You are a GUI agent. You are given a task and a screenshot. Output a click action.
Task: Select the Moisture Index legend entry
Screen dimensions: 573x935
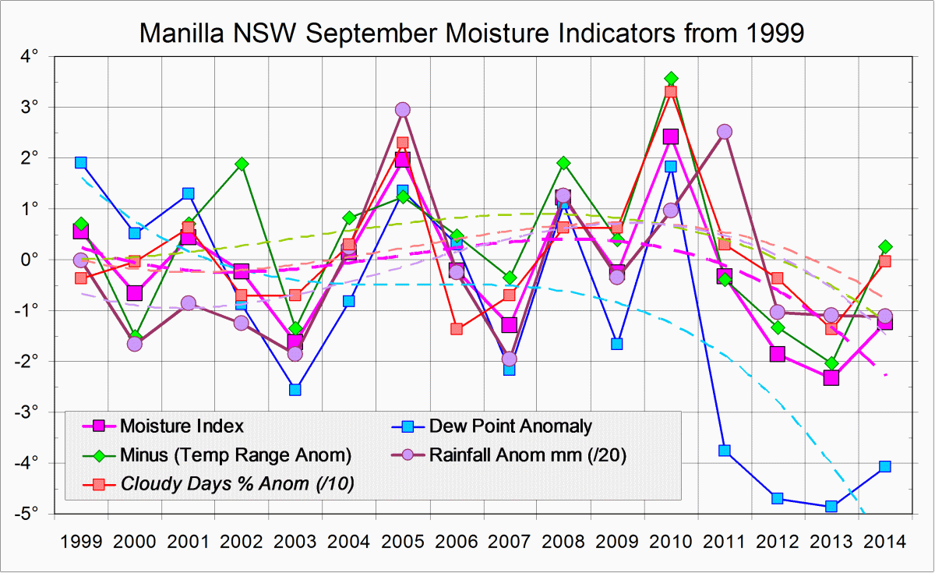tap(181, 426)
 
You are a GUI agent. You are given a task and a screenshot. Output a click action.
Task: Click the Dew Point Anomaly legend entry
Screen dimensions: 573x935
tap(510, 426)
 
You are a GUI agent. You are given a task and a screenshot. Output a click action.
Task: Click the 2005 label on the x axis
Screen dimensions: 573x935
tap(402, 541)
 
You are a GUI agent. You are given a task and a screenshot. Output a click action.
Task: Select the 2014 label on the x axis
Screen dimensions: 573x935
tap(884, 541)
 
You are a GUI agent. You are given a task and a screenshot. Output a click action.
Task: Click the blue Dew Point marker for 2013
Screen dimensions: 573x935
tap(831, 506)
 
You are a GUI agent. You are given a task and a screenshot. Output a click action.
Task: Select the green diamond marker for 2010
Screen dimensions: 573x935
tap(670, 79)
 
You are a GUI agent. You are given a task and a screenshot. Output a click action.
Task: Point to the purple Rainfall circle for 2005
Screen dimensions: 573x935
tap(402, 110)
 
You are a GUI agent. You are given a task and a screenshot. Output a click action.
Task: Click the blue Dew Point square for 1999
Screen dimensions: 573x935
tap(80, 162)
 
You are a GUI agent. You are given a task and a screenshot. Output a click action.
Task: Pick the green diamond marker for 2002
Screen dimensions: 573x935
tap(242, 164)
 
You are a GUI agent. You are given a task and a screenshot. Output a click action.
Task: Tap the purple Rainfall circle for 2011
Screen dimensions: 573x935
tap(724, 132)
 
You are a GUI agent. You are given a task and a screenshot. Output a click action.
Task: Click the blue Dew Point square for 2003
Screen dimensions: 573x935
tap(295, 389)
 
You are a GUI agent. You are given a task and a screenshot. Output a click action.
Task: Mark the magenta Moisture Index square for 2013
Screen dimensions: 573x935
tap(831, 377)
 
